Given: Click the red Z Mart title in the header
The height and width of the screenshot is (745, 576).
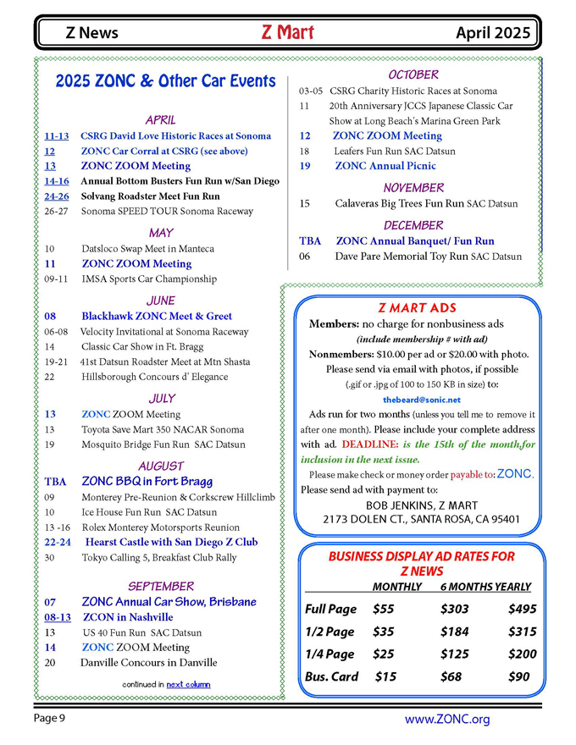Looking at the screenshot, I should [288, 33].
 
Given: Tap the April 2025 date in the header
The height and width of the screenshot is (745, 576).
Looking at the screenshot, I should [494, 34].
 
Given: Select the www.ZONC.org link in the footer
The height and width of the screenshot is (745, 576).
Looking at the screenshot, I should [446, 720].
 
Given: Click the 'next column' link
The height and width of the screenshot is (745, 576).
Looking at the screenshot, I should [188, 683].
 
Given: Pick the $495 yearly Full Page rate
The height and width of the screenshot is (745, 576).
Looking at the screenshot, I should [522, 609].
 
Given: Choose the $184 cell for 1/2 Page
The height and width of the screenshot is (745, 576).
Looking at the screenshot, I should [455, 632].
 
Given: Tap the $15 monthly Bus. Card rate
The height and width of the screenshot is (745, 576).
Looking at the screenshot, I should [385, 676].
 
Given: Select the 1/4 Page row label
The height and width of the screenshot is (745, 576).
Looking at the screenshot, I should [330, 654].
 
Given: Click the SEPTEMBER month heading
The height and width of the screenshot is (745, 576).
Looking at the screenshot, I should [161, 586].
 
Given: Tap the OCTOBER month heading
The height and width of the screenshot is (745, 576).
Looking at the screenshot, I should [413, 75].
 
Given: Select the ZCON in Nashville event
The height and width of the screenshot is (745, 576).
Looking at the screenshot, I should [128, 617].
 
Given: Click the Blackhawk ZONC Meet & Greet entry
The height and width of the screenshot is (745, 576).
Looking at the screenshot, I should [157, 316].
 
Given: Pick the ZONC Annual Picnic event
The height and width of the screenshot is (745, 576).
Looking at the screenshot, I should [385, 166].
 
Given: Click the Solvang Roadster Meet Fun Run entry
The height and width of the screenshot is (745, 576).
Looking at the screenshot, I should [150, 196].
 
